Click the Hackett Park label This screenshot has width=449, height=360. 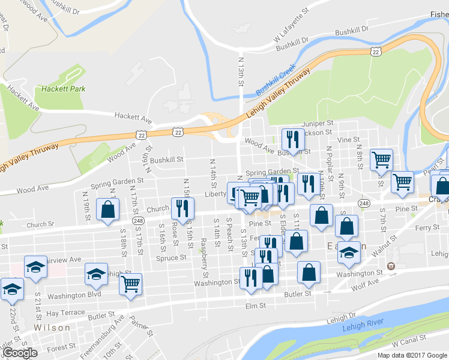[64, 89]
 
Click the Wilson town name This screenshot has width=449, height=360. [52, 328]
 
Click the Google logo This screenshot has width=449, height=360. [20, 353]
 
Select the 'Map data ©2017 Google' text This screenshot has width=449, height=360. [412, 355]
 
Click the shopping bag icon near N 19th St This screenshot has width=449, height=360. [107, 209]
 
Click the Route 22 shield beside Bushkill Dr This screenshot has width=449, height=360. [376, 52]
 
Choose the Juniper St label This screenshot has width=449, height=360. [318, 123]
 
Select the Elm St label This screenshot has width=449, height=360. [256, 306]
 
